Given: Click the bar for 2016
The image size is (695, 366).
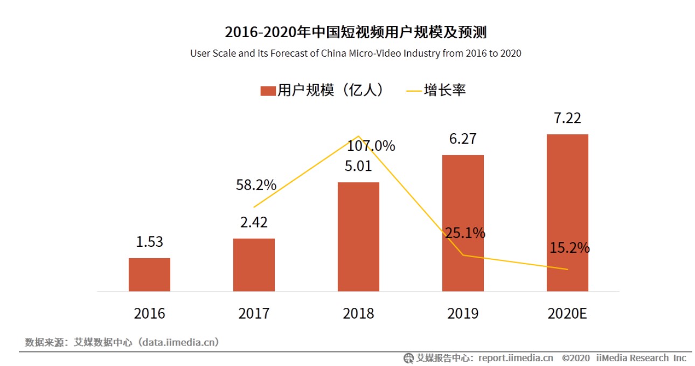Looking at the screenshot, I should point(149,274).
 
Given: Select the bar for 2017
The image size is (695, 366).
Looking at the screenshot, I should point(254,265).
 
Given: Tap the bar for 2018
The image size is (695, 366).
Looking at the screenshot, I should point(358,237).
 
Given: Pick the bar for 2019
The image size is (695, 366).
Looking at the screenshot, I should point(463,223).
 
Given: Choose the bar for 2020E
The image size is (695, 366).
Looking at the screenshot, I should point(567,212).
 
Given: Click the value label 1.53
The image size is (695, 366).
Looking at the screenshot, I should point(149,242).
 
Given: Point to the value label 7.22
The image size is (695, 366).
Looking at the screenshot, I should point(567,118).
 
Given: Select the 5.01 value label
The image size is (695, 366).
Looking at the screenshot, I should point(358,166).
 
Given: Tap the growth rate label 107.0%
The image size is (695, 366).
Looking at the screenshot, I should point(371,146).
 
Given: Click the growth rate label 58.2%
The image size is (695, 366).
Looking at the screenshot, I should point(256,185).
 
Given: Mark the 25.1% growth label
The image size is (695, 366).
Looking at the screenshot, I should point(465,233).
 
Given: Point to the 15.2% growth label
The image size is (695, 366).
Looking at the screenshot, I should point(569,248).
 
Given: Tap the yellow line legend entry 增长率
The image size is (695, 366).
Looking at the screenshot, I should point(436,90).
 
